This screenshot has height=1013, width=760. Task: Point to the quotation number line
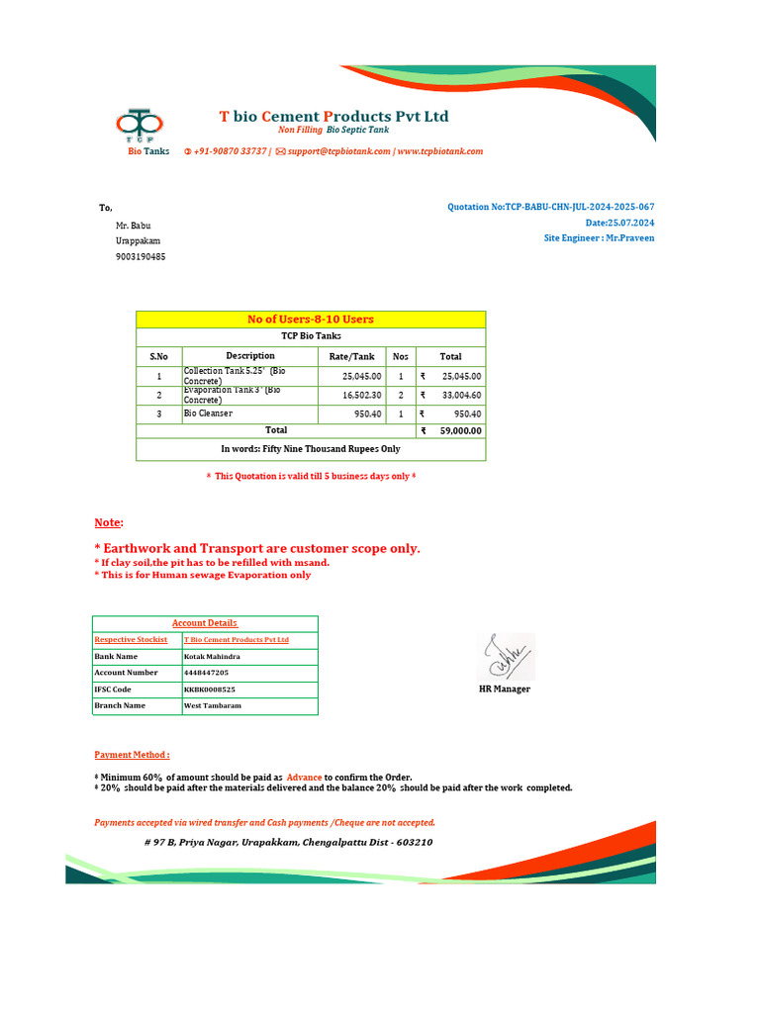pyautogui.click(x=550, y=207)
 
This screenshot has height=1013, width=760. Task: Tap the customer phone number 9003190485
pyautogui.click(x=141, y=256)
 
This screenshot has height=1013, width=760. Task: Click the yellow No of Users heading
pyautogui.click(x=311, y=319)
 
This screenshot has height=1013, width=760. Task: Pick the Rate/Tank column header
pyautogui.click(x=351, y=356)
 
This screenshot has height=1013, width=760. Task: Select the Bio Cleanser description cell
pyautogui.click(x=249, y=414)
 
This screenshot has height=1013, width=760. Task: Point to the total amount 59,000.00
pyautogui.click(x=460, y=431)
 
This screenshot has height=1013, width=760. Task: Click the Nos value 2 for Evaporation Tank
pyautogui.click(x=401, y=395)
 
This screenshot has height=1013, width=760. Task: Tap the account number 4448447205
pyautogui.click(x=206, y=672)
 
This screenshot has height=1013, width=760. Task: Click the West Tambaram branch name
pyautogui.click(x=212, y=706)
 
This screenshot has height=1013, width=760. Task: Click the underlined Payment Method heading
pyautogui.click(x=132, y=754)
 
